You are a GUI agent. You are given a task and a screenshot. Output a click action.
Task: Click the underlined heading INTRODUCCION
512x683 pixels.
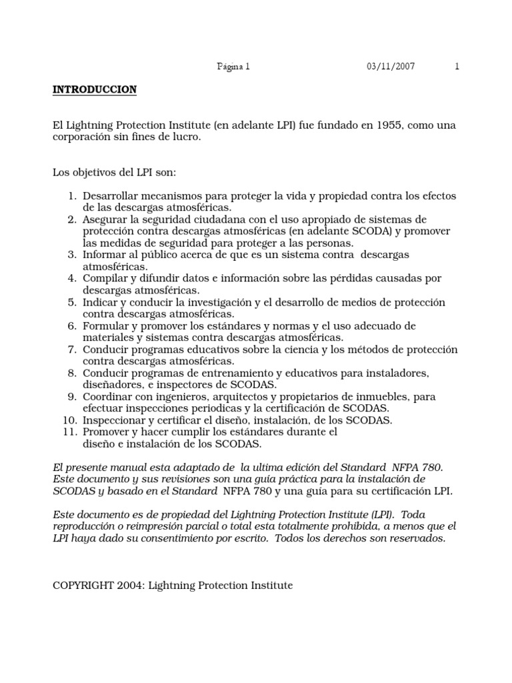pos(95,89)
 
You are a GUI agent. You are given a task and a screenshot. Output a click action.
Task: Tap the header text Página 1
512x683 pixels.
pos(233,66)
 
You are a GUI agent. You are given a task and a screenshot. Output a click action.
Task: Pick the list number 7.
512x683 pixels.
pos(73,349)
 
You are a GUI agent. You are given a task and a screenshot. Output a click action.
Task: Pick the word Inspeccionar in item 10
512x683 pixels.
pos(113,420)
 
